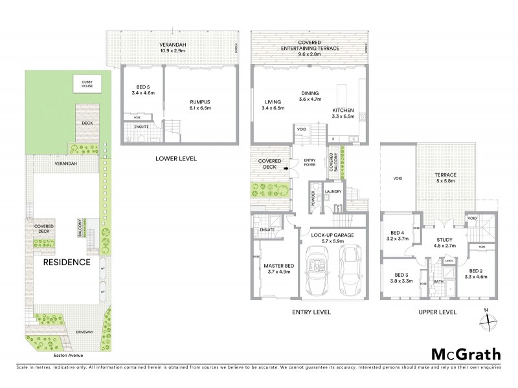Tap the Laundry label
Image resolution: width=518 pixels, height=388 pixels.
click(x=333, y=191)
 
